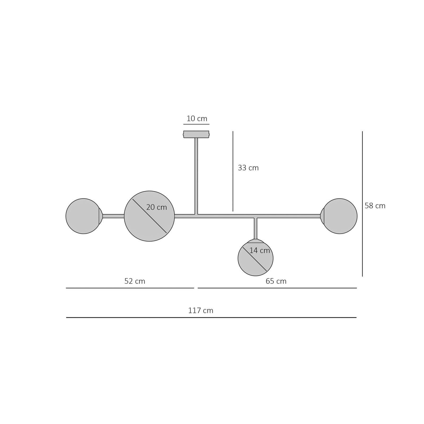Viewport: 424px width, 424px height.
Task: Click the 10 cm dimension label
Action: [197, 118]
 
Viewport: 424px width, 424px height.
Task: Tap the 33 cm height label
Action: [248, 168]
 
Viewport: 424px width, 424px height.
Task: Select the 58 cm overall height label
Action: [375, 206]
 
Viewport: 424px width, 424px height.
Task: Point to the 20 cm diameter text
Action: [157, 207]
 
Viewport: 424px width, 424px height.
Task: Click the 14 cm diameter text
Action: [260, 250]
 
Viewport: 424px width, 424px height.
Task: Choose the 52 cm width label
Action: [135, 281]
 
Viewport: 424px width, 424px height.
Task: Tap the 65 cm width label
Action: [276, 281]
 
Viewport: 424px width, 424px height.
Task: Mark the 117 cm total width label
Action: [201, 311]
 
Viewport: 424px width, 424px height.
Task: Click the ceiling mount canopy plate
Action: [196, 134]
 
